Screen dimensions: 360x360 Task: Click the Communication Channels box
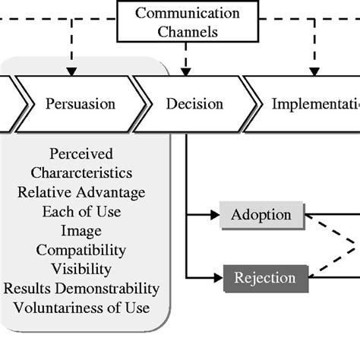187,23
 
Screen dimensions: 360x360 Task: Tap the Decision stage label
194,103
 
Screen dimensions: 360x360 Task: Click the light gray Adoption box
261,215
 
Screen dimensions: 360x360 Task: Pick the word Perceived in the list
81,154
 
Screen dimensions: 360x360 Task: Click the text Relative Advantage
81,192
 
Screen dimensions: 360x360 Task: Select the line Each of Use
81,211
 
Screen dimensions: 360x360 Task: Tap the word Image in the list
81,230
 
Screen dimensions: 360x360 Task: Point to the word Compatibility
81,249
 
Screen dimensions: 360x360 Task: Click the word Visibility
81,268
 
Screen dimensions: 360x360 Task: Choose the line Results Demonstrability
81,288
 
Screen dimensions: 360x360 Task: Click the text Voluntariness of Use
81,308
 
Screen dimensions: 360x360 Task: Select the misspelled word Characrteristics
81,173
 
